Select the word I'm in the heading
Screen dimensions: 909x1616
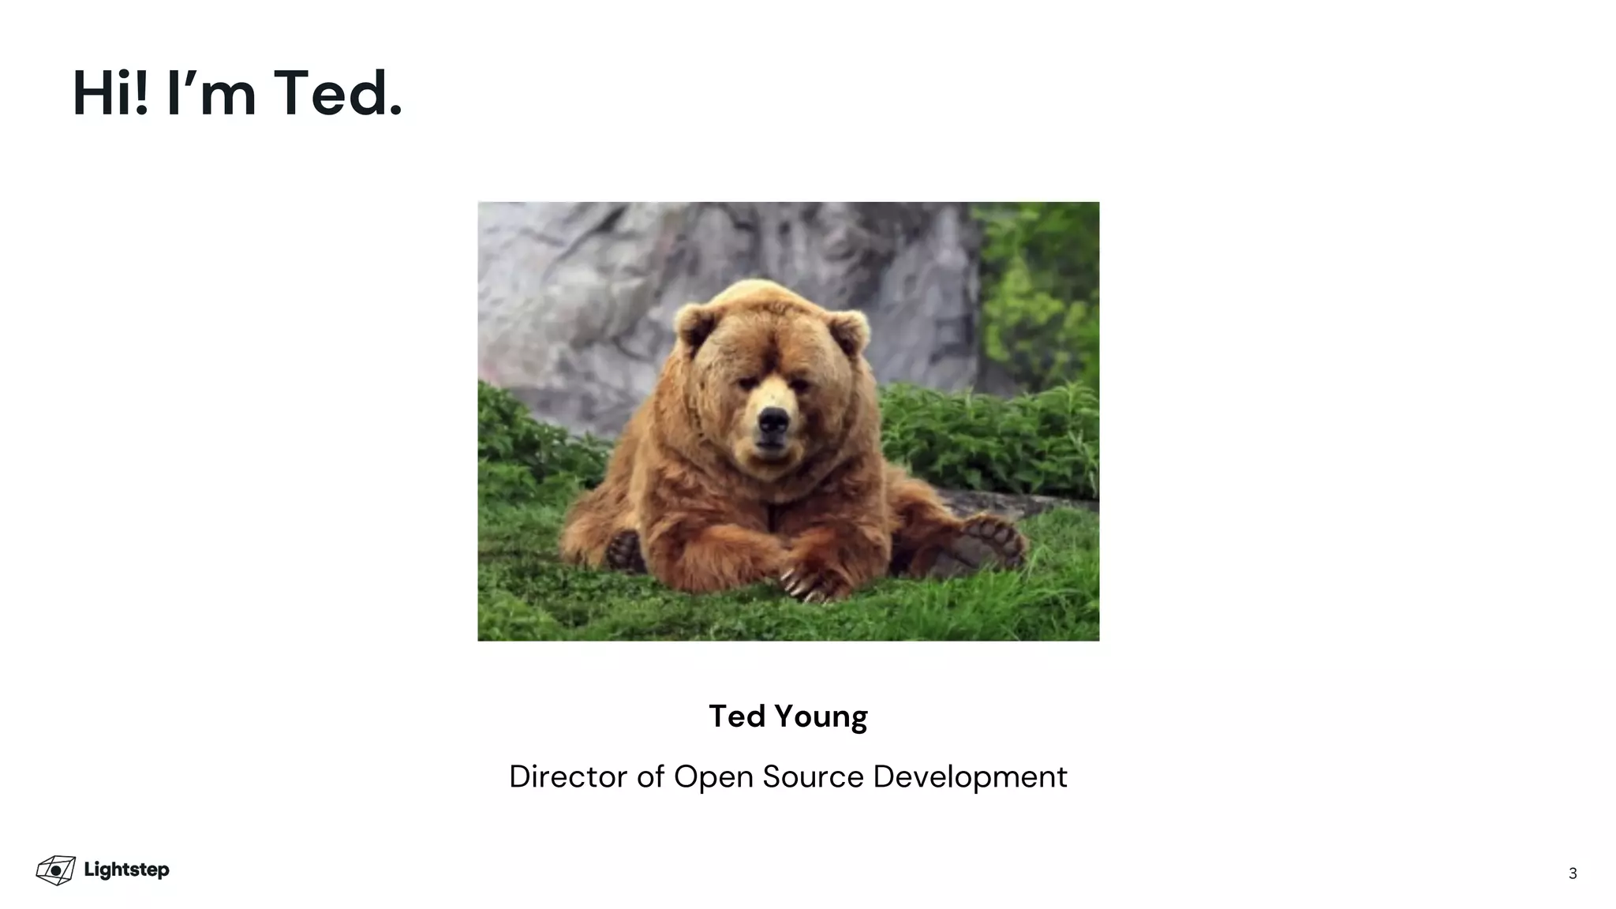pyautogui.click(x=211, y=94)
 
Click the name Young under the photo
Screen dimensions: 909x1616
pyautogui.click(x=821, y=717)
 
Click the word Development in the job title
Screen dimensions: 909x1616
pyautogui.click(x=970, y=777)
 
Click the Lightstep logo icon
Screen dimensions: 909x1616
pyautogui.click(x=56, y=870)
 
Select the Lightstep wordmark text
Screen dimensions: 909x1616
pyautogui.click(x=126, y=870)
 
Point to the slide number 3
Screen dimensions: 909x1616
pyautogui.click(x=1573, y=873)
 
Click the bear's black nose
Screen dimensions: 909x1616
pyautogui.click(x=772, y=424)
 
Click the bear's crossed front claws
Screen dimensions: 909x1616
pyautogui.click(x=805, y=584)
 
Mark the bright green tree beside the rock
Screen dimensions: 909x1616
pyautogui.click(x=1038, y=292)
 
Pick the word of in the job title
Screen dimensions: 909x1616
pyautogui.click(x=651, y=776)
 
